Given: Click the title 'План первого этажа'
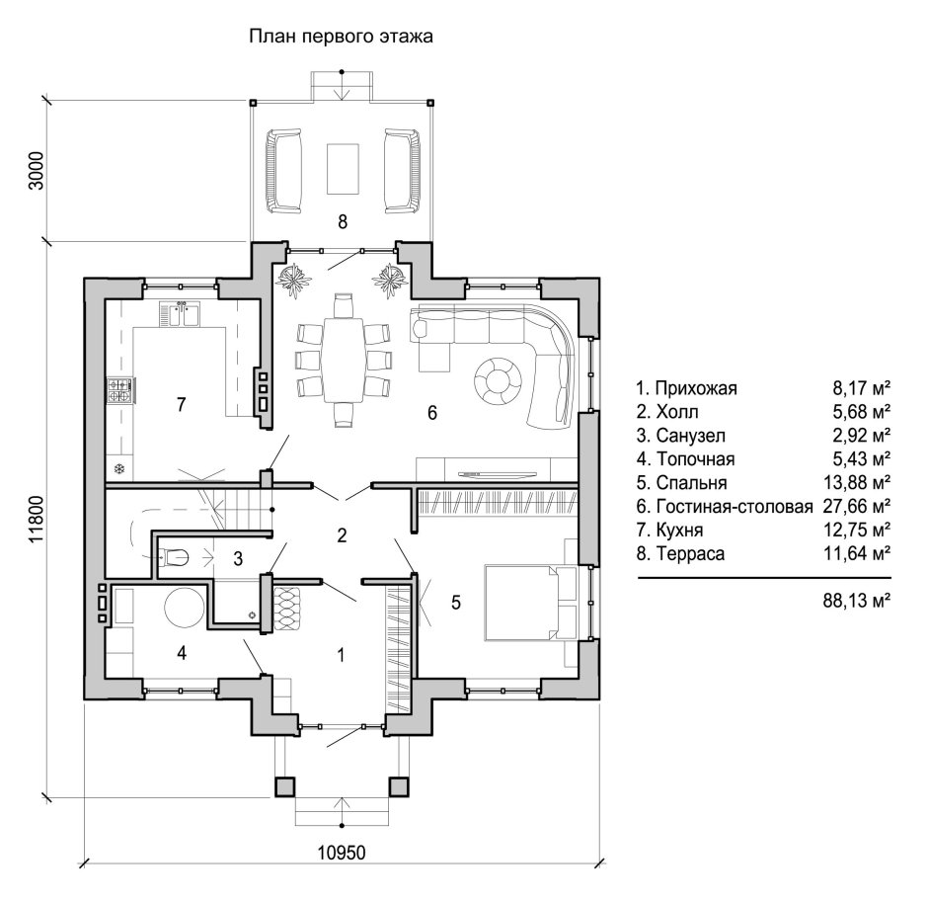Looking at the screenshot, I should tap(342, 37).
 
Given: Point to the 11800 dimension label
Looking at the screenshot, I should tap(37, 519).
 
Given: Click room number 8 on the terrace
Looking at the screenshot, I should tap(343, 221).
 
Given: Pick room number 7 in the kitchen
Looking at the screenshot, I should tap(181, 404).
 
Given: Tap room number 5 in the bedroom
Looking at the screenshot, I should tap(455, 602).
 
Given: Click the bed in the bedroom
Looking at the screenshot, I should tap(523, 602).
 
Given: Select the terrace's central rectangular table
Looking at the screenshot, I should tap(343, 168).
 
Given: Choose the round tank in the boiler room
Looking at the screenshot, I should tap(184, 604).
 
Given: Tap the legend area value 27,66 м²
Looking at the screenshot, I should tap(856, 507).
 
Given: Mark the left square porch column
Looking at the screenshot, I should tap(283, 786).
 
